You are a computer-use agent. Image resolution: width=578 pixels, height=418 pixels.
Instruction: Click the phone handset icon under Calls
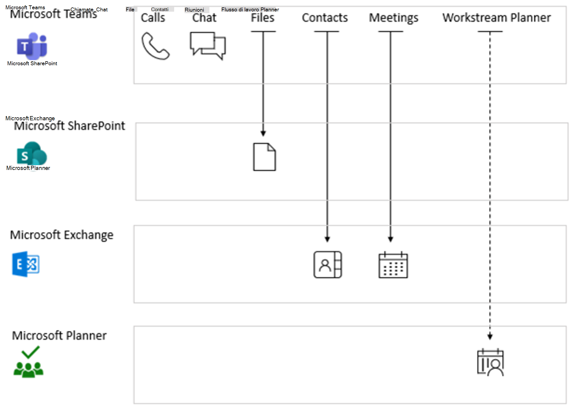pos(155,46)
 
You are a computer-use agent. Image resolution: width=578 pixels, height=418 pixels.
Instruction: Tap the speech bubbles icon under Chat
pos(208,45)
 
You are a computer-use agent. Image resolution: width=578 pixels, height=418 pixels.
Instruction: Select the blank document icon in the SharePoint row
pos(264,157)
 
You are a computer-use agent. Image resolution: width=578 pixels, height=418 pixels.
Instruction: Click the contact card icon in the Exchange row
pos(327,265)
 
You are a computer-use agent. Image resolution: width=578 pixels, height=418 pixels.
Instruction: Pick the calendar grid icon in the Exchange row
pos(393,265)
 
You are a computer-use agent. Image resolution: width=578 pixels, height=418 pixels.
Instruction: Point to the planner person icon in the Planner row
pos(490,362)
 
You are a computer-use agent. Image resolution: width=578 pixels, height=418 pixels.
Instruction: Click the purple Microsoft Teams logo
pos(32,46)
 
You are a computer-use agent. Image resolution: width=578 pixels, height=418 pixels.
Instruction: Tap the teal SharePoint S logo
pos(32,154)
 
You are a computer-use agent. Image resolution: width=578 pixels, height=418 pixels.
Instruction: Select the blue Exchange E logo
pos(26,264)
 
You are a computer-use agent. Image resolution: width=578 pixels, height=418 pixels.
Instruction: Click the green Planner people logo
pos(29,362)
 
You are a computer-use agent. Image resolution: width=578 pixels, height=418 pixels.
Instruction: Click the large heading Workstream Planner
pos(496,18)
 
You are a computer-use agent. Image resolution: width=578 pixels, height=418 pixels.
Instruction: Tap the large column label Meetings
pos(393,18)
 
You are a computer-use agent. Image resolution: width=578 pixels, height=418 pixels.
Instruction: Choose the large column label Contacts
pos(325,18)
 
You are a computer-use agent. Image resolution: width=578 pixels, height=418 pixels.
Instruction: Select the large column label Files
pos(262,18)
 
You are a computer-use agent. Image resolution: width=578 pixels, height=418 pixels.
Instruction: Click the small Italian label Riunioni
pos(194,10)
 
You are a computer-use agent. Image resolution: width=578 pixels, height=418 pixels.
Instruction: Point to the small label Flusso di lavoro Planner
pos(250,10)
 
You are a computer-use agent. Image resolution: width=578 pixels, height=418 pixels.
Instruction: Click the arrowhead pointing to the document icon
pos(263,133)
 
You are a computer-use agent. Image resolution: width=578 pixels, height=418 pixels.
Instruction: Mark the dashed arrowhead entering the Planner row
pos(490,337)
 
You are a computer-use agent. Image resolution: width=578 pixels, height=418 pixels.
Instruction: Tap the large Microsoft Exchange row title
pos(62,235)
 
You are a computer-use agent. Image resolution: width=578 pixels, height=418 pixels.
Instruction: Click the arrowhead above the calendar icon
pos(390,239)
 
